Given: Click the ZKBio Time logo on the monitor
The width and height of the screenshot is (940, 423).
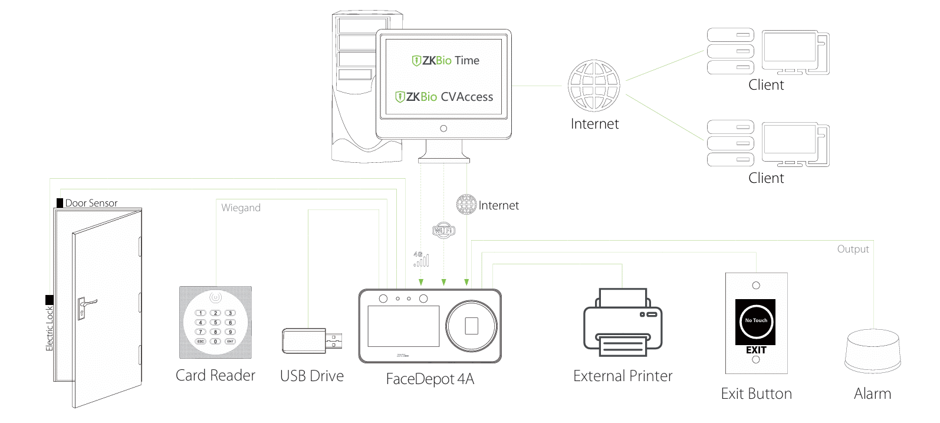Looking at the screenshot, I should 445,60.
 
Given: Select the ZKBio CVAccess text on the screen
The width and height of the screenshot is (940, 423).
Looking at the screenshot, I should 444,97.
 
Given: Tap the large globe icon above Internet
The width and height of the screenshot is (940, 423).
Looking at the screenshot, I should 594,86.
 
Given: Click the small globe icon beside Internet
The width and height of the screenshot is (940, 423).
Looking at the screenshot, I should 466,205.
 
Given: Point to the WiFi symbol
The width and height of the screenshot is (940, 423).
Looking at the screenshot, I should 443,230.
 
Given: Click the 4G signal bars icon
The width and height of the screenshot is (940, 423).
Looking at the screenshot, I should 421,259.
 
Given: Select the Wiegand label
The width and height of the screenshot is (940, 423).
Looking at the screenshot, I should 241,208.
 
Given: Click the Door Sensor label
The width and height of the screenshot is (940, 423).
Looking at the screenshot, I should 91,203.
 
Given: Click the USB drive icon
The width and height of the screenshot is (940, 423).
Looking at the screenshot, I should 311,341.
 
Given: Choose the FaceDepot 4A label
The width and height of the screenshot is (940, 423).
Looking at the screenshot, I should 430,379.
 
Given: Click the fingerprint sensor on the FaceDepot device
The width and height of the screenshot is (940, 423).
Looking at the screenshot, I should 472,326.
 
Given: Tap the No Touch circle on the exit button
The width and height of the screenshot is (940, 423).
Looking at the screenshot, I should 756,321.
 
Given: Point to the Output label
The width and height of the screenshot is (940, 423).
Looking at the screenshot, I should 853,249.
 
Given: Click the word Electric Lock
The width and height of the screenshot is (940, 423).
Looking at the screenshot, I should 50,328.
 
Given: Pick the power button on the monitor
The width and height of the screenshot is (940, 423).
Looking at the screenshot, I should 443,129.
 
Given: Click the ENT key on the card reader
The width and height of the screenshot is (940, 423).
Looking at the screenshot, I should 231,341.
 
